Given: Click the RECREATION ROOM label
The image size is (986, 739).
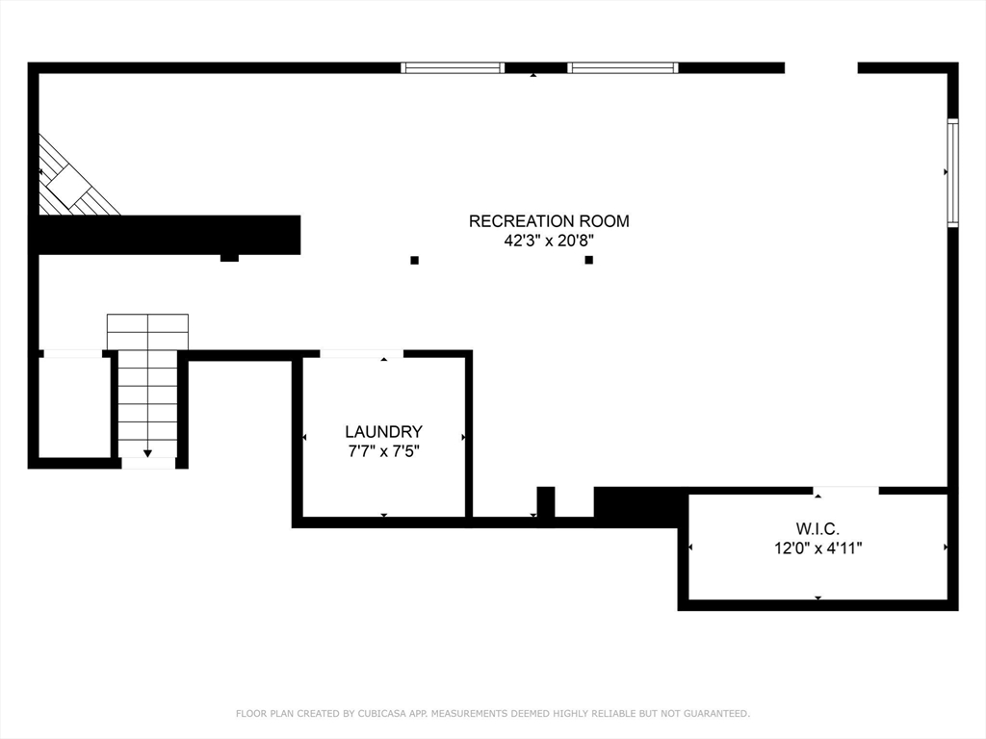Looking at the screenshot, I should [x=549, y=221].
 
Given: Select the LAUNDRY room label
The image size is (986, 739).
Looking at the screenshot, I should [x=383, y=432].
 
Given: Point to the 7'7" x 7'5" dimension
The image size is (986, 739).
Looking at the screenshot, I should [x=383, y=451].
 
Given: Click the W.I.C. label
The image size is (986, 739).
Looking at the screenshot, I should [x=817, y=528].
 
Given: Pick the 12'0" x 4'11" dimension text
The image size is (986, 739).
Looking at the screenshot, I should [x=817, y=548].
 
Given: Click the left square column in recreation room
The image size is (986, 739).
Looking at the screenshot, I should [x=414, y=260].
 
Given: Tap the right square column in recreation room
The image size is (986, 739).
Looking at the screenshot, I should [x=588, y=260].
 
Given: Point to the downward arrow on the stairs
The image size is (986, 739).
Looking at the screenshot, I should [x=147, y=452].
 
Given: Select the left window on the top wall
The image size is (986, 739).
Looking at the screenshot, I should [x=453, y=68].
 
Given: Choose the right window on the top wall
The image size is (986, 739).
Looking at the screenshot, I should [x=623, y=68].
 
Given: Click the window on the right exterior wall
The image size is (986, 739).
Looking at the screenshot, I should [x=952, y=172].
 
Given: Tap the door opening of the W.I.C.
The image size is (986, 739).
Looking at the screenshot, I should [x=846, y=491].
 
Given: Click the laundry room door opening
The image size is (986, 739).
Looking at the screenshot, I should [x=361, y=354].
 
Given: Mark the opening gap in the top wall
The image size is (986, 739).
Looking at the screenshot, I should [x=820, y=68].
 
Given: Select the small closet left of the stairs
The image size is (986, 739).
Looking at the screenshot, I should [x=74, y=406].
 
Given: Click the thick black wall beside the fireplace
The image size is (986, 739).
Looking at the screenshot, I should [x=169, y=235].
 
